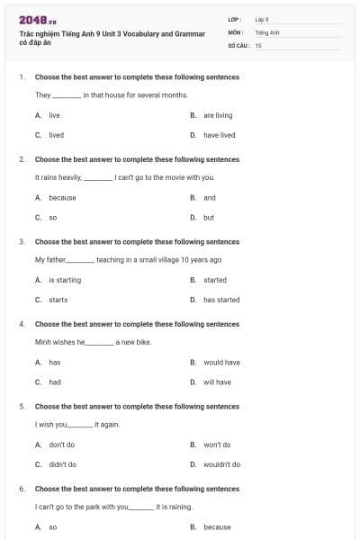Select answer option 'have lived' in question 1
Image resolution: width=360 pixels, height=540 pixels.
(219, 135)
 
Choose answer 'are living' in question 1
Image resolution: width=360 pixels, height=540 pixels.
(217, 115)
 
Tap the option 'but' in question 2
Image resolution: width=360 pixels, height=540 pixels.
(208, 217)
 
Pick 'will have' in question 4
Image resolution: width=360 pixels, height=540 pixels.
(217, 382)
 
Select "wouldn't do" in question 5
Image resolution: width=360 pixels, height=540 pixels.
(221, 464)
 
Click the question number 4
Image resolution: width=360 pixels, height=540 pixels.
(22, 324)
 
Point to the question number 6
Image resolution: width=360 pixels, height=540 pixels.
(22, 489)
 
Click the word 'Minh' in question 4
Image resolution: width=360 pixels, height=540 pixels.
(42, 342)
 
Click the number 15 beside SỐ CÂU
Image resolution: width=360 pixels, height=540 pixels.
(258, 44)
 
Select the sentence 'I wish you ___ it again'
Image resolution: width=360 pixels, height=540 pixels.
(77, 424)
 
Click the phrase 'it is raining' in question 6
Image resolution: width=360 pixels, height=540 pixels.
(175, 507)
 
